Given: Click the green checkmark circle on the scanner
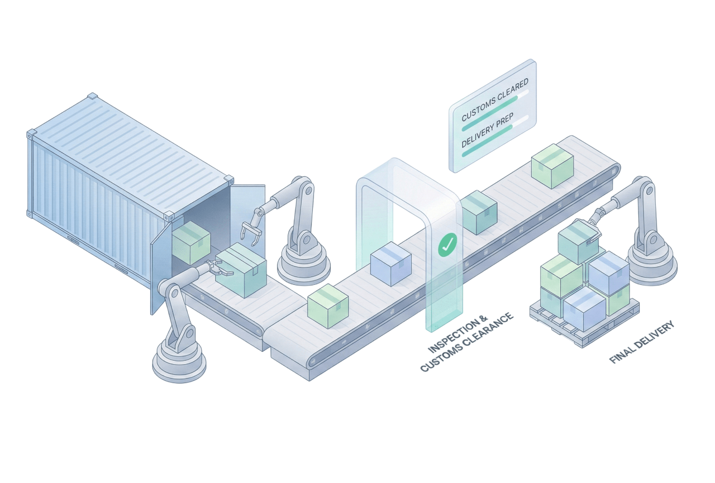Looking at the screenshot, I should [447, 244].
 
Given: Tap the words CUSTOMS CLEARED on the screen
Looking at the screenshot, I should [494, 100].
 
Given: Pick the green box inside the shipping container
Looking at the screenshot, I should [191, 242].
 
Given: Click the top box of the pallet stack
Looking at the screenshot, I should [578, 241].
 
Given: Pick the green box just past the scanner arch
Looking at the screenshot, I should [478, 212].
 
